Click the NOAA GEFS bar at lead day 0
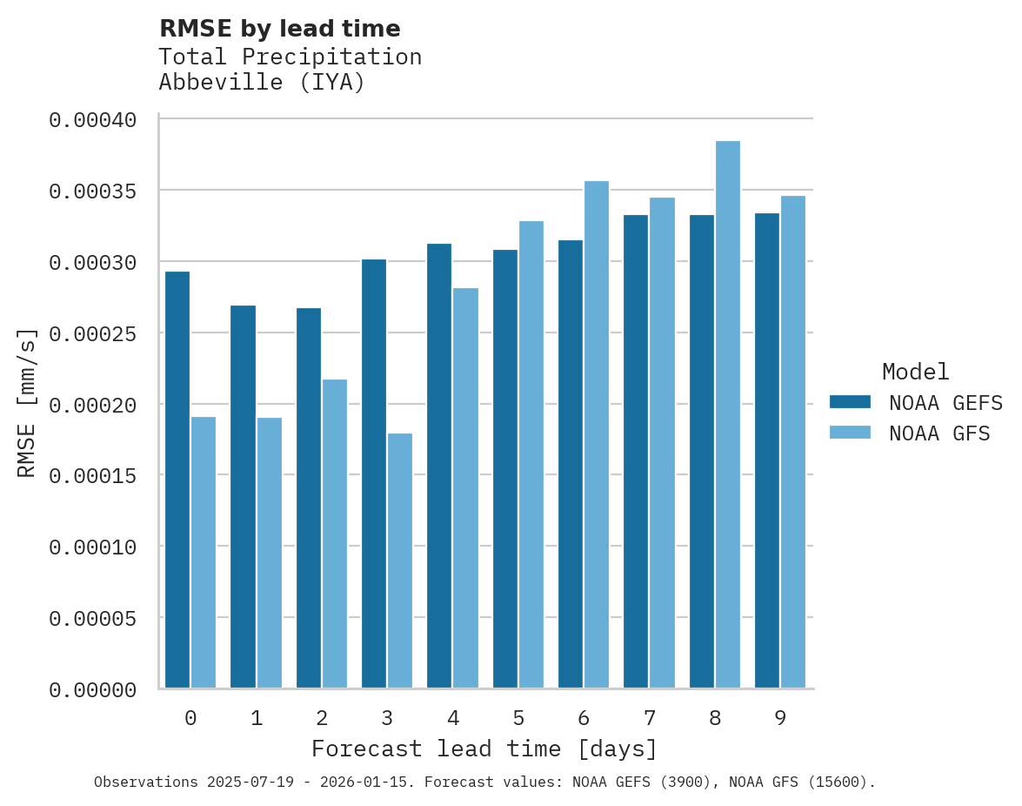click(x=177, y=480)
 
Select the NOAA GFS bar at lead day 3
click(x=400, y=561)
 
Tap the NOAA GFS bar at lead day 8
click(x=728, y=414)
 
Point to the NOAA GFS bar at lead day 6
click(x=597, y=434)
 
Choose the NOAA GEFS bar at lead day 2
click(x=309, y=498)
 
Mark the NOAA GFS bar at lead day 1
click(x=270, y=553)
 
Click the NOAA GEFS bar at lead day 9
click(x=767, y=450)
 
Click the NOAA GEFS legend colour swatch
click(x=850, y=401)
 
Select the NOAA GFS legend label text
click(x=939, y=433)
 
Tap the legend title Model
click(x=915, y=372)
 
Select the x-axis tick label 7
click(x=650, y=718)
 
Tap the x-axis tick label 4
click(x=453, y=718)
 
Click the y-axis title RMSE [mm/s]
click(x=27, y=403)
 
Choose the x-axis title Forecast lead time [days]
click(x=484, y=749)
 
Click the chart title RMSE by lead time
click(x=280, y=29)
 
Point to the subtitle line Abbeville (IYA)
click(x=262, y=83)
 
